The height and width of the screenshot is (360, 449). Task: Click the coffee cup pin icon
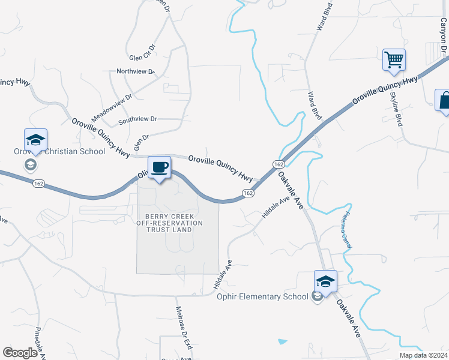(159, 167)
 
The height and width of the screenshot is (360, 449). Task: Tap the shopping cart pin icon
(394, 60)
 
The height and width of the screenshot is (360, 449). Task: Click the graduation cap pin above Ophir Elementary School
(325, 281)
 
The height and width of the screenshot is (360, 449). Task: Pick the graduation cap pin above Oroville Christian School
(35, 140)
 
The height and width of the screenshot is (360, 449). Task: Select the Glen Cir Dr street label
(142, 53)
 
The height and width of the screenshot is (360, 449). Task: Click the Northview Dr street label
(136, 71)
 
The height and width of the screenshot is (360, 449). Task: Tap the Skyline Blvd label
(397, 109)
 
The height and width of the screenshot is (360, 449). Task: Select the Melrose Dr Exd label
(183, 329)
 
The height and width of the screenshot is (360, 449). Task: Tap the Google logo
(20, 353)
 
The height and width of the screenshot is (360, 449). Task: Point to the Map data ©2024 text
(423, 355)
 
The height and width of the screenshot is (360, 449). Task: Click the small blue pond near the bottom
(282, 342)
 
